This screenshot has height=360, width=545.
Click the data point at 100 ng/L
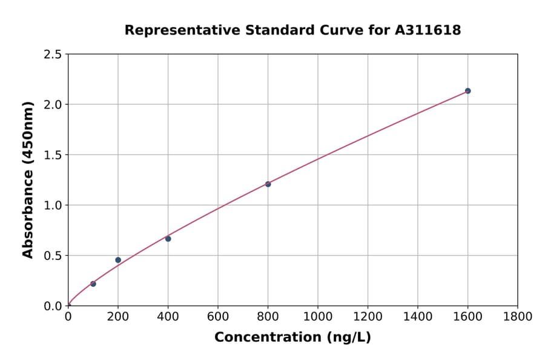pyautogui.click(x=93, y=284)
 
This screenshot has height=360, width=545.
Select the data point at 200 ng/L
pyautogui.click(x=118, y=260)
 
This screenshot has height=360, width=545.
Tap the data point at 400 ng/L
pyautogui.click(x=168, y=239)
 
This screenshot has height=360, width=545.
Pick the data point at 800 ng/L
pyautogui.click(x=268, y=184)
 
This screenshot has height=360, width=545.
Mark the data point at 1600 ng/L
pyautogui.click(x=467, y=91)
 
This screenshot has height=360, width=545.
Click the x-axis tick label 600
pyautogui.click(x=218, y=316)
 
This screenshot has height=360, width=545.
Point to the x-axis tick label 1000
pyautogui.click(x=318, y=316)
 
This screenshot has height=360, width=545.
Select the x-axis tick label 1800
pyautogui.click(x=518, y=316)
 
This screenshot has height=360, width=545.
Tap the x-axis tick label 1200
pyautogui.click(x=368, y=316)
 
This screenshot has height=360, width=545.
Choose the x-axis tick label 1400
pyautogui.click(x=418, y=316)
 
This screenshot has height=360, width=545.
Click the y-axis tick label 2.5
pyautogui.click(x=53, y=55)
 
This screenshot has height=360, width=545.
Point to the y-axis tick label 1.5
pyautogui.click(x=53, y=155)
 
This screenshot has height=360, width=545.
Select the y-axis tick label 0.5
pyautogui.click(x=53, y=256)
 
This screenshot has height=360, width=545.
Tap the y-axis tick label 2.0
pyautogui.click(x=53, y=105)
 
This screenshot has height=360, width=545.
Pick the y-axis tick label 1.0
pyautogui.click(x=53, y=205)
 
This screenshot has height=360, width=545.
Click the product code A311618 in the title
pyautogui.click(x=429, y=30)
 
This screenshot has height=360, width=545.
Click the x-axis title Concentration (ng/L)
pyautogui.click(x=292, y=337)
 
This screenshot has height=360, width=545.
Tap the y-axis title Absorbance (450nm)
pyautogui.click(x=28, y=180)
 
